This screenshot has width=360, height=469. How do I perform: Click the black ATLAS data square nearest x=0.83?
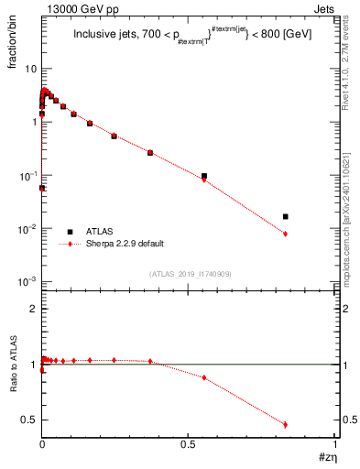click(286, 217)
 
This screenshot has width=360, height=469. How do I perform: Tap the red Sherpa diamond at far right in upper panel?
click(286, 234)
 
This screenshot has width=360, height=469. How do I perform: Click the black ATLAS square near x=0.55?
click(204, 176)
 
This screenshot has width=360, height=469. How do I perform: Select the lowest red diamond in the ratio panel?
click(286, 424)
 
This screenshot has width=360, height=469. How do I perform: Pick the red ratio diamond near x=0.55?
click(204, 377)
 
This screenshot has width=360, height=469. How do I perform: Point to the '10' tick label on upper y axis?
click(30, 69)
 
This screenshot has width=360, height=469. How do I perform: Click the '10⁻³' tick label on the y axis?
click(27, 282)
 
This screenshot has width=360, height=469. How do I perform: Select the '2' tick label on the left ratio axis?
click(34, 309)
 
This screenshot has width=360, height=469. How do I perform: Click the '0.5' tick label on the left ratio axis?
click(30, 420)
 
